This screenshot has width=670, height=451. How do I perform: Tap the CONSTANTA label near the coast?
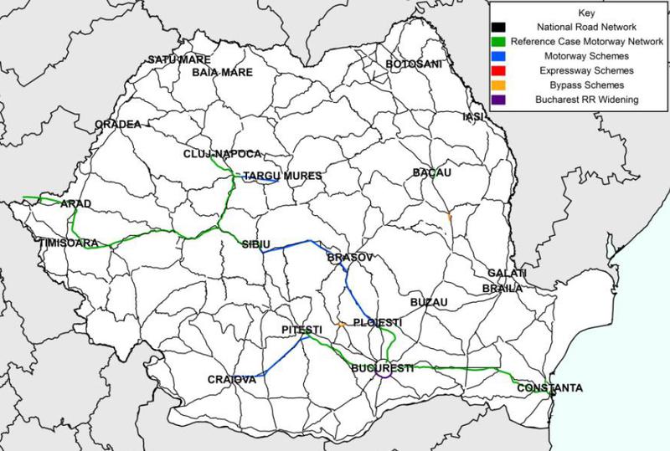pyautogui.click(x=549, y=389)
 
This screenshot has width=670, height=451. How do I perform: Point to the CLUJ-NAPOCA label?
pyautogui.click(x=224, y=155)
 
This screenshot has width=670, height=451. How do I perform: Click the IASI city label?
pyautogui.click(x=474, y=117)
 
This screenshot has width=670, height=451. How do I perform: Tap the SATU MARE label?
pyautogui.click(x=176, y=60)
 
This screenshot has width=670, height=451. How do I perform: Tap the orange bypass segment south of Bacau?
pyautogui.click(x=450, y=217)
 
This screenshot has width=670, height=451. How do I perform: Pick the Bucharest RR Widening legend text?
pyautogui.click(x=585, y=100)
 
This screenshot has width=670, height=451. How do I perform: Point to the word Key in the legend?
pyautogui.click(x=585, y=14)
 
